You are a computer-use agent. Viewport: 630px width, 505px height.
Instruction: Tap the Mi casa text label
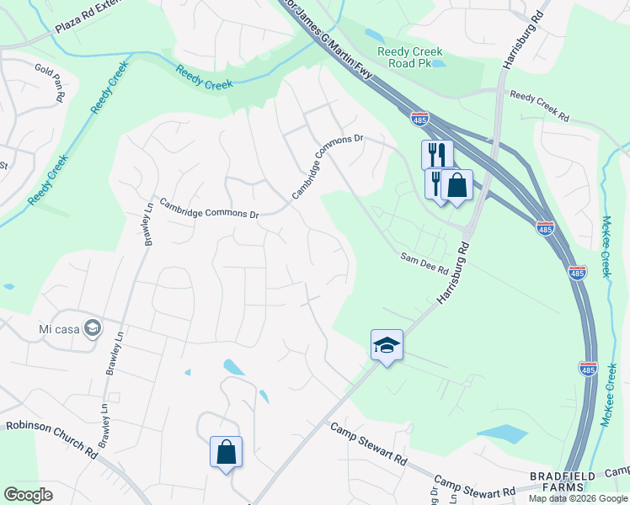pos(58,328)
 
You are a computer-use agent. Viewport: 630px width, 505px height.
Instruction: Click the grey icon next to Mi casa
pos(94,327)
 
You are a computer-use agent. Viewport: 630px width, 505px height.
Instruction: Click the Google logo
pos(28,495)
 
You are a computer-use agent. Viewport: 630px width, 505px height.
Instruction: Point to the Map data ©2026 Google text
pos(578,498)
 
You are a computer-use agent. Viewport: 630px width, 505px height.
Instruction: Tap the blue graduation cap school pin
pos(387,345)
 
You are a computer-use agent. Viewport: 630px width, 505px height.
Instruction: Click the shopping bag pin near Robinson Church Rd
pos(227,452)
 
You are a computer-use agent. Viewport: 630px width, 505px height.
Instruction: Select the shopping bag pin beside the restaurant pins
pos(456,185)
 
